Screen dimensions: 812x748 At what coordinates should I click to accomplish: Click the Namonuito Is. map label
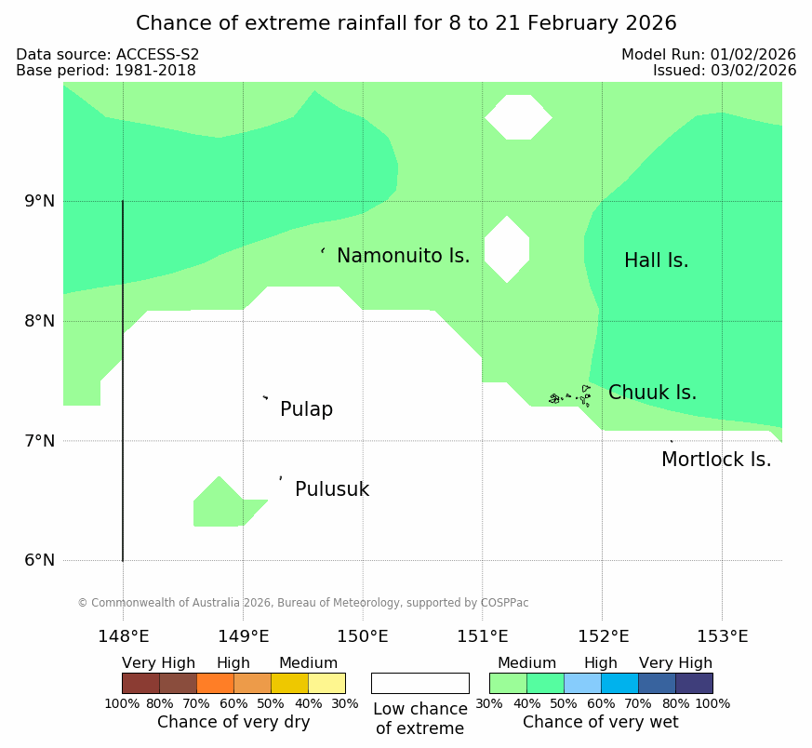click(403, 256)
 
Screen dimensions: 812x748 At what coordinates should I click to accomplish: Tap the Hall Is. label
click(656, 260)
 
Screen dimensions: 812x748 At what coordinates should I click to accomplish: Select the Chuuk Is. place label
click(652, 393)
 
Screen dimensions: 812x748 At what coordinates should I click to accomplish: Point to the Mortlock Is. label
click(716, 460)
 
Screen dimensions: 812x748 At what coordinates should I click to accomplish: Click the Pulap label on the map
click(306, 409)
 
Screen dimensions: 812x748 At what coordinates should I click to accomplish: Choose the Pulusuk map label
click(332, 489)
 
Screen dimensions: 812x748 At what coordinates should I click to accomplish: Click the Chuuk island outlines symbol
click(569, 396)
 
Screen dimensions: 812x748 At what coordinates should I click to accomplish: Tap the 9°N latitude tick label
click(40, 201)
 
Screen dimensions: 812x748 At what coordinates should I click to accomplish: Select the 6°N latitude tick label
click(40, 560)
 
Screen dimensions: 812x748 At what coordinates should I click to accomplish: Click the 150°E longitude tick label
click(363, 636)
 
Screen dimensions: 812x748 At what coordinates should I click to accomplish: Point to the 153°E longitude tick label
click(722, 636)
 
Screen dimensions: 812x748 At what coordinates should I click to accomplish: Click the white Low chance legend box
click(420, 683)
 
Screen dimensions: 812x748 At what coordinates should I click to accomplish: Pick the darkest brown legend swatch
click(140, 683)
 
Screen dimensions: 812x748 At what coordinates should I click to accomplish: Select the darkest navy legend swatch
click(694, 683)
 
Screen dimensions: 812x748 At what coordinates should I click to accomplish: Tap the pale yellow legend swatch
click(326, 683)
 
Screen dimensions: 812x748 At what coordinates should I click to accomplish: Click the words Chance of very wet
click(600, 722)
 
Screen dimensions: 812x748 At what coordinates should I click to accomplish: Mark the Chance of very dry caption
click(233, 722)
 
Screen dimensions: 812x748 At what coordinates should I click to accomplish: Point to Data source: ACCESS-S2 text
click(108, 54)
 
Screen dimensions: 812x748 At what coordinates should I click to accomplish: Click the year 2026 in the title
click(651, 23)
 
